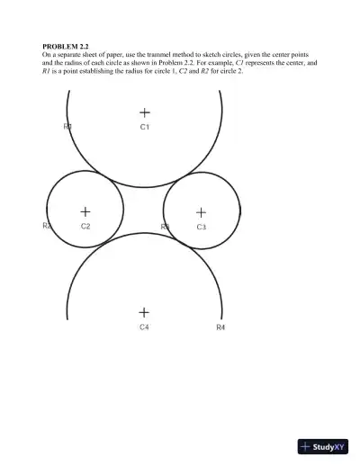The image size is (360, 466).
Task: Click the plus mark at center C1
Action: (144, 112)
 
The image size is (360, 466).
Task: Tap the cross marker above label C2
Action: (85, 211)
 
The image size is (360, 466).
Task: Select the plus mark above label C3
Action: (201, 212)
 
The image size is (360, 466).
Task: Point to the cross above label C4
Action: (143, 311)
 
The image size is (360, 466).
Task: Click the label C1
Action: (144, 128)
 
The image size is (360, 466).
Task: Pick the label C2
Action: (85, 227)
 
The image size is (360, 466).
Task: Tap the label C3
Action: (201, 228)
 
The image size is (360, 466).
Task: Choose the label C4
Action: (143, 327)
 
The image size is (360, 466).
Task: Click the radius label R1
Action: (67, 128)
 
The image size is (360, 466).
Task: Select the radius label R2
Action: (47, 226)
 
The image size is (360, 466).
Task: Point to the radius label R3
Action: (165, 227)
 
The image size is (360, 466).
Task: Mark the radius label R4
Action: (220, 327)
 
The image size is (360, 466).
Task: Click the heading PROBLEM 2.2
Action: (66, 45)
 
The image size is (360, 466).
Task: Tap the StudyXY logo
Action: (322, 445)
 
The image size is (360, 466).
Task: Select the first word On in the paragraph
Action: (48, 54)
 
